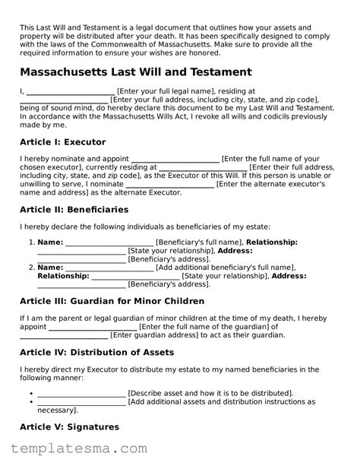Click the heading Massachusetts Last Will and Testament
pos(135,72)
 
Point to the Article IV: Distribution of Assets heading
pos(96,352)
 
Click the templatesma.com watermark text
pos(73,451)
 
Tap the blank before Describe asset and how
pos(81,393)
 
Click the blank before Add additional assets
pos(81,401)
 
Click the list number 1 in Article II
pos(31,242)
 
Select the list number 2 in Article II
pos(31,267)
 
